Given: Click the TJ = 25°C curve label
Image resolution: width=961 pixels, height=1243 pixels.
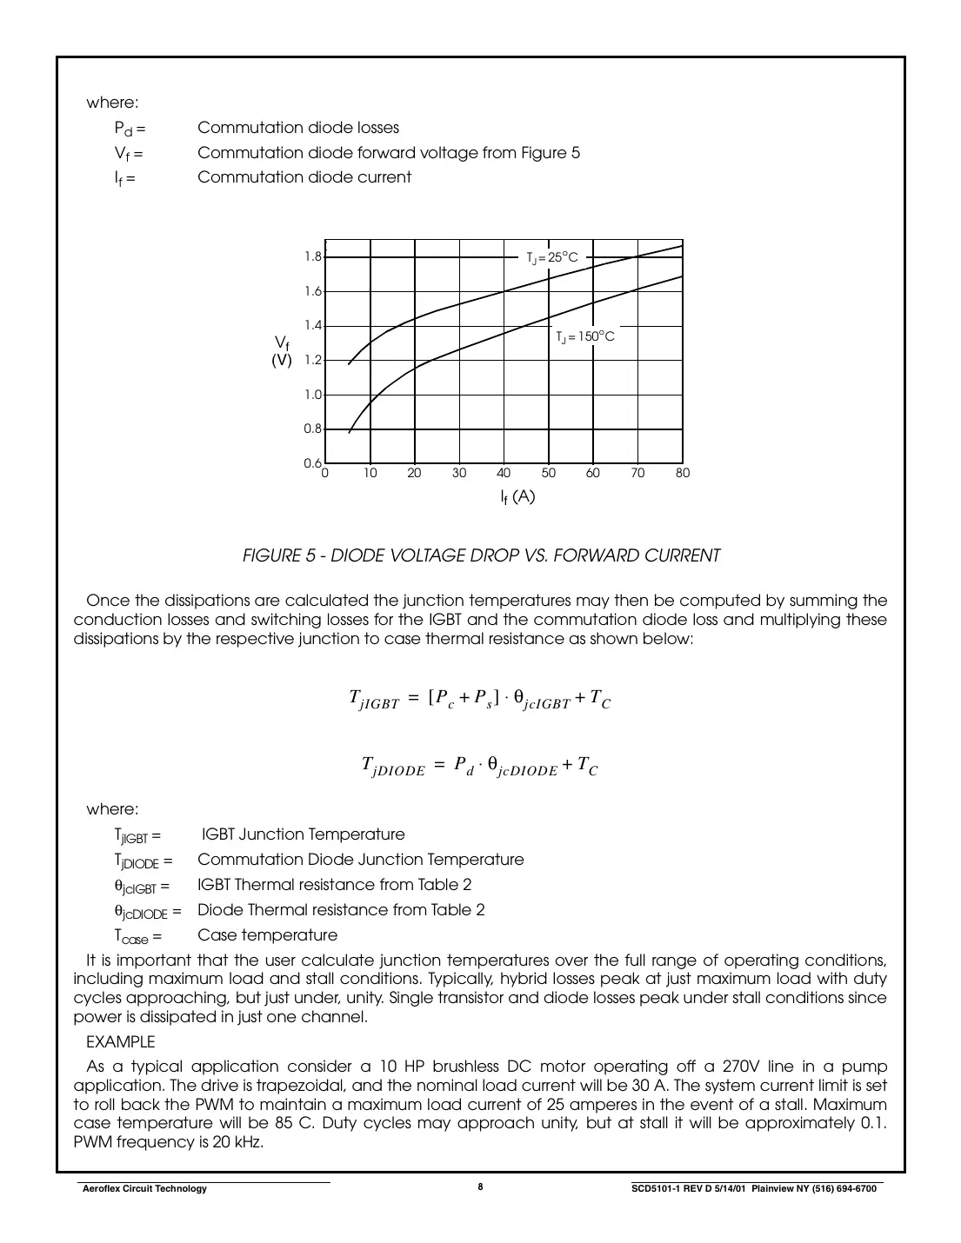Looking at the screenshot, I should tap(551, 257).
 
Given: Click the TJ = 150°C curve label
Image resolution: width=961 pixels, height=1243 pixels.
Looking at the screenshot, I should tap(585, 336).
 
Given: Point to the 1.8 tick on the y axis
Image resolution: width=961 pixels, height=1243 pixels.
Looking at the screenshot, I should tap(313, 257).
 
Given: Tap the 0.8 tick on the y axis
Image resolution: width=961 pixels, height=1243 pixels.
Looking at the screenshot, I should tap(313, 429).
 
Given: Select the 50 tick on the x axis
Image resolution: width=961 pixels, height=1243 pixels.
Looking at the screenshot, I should tap(548, 474).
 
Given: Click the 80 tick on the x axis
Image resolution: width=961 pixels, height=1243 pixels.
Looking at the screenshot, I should tap(682, 474).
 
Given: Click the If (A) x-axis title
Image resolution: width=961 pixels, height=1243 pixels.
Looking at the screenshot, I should tap(517, 497).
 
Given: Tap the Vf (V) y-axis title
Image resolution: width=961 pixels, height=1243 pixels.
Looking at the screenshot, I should tap(282, 351).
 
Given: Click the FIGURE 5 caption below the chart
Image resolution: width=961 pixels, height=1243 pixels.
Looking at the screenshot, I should tap(481, 555).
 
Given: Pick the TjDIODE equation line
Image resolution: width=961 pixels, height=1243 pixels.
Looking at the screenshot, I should tap(480, 766).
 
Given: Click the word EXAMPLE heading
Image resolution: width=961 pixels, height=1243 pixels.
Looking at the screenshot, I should tap(121, 1041).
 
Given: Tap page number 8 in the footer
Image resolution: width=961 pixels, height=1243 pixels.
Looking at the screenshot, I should tap(480, 1187).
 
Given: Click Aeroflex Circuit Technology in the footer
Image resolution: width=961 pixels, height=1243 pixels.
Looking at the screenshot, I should tap(143, 1189).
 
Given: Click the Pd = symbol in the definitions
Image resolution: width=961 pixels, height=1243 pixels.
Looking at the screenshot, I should tap(130, 129).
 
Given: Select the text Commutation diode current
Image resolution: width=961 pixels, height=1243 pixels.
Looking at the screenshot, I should tap(304, 177).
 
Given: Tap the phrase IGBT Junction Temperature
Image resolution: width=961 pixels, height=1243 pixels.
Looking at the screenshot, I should tap(304, 834).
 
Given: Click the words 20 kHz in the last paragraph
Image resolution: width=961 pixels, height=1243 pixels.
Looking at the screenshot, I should tap(234, 1142).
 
